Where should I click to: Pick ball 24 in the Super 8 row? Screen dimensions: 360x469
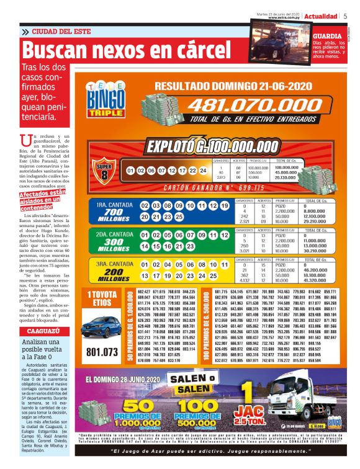pyautogui.click(x=202, y=170)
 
